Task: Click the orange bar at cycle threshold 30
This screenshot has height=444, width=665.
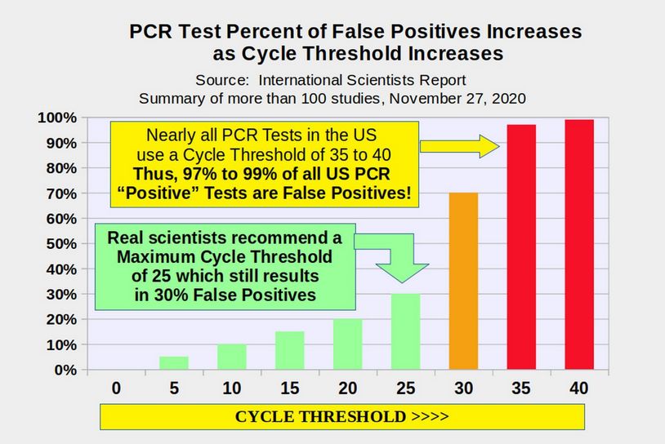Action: pyautogui.click(x=463, y=281)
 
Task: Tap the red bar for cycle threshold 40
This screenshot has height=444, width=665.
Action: pyautogui.click(x=579, y=245)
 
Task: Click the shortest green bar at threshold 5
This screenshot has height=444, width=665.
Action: pyautogui.click(x=173, y=362)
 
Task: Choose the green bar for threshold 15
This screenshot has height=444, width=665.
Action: pyautogui.click(x=289, y=350)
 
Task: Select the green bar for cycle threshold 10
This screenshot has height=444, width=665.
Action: pyautogui.click(x=231, y=357)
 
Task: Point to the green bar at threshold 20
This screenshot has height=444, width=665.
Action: pyautogui.click(x=347, y=344)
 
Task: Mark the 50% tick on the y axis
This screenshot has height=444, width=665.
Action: pyautogui.click(x=60, y=244)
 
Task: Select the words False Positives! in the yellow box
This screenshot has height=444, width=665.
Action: pyautogui.click(x=353, y=193)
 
